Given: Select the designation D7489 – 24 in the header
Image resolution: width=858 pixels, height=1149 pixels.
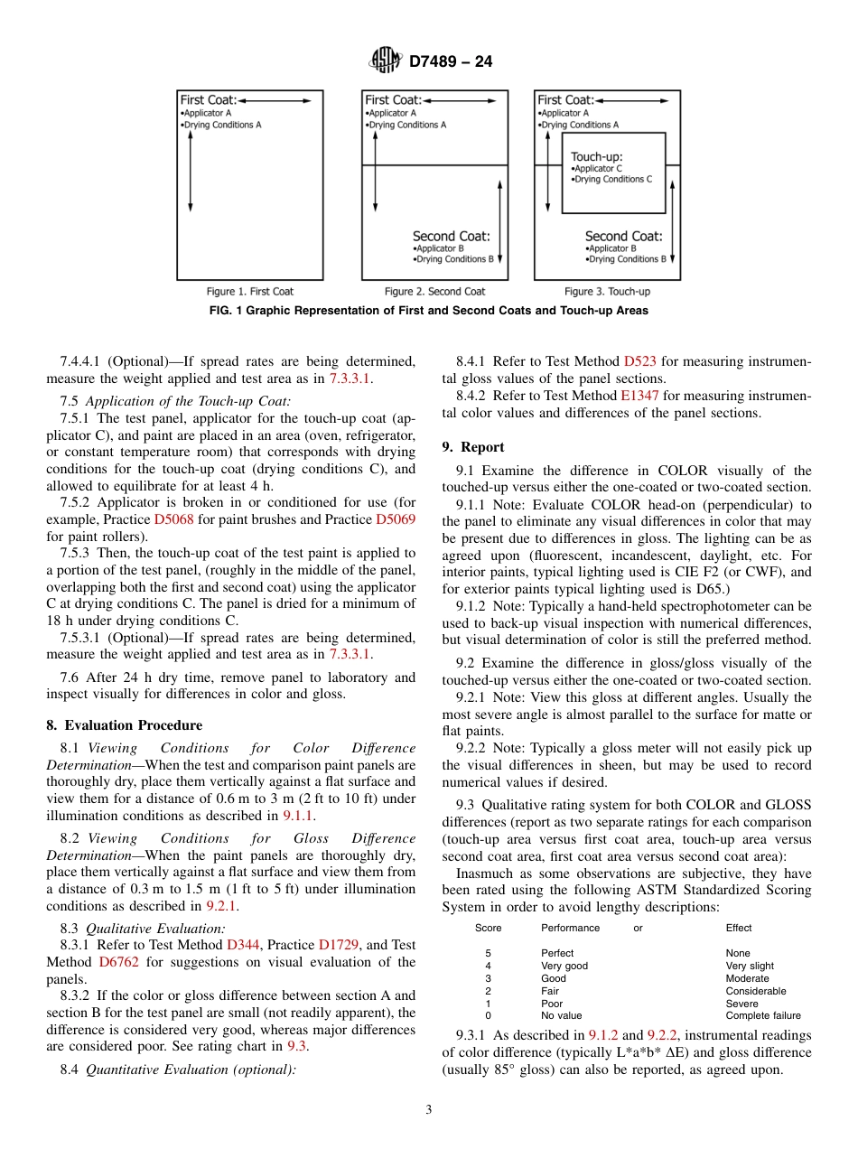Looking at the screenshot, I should point(451,62).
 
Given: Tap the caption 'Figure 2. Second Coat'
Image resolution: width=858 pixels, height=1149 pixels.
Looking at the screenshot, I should point(434,292).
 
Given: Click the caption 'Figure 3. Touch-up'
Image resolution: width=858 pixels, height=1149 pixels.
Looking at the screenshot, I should point(607,292).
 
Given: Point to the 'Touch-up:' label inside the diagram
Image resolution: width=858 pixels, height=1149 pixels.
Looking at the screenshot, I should point(596,156).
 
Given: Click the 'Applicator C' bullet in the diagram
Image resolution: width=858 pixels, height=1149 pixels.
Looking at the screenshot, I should point(598,169).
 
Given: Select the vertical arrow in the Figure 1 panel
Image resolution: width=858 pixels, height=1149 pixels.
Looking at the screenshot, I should point(191,173).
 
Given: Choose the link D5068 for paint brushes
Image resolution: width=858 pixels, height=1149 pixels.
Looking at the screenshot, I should point(173,519).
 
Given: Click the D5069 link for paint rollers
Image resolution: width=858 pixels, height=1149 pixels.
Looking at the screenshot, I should point(395,519).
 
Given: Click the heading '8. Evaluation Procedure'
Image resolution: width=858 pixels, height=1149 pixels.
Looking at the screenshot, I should point(125,725).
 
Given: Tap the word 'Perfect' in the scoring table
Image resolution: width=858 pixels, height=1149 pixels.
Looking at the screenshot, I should point(557,953).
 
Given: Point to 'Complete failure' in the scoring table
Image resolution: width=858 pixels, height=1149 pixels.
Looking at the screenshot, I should point(762,1015).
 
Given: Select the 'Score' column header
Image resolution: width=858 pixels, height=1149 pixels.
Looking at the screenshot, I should point(488,928).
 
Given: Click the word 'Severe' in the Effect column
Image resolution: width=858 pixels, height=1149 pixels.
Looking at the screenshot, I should point(741,1003).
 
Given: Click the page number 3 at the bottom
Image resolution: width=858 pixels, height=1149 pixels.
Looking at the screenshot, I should point(429,1110).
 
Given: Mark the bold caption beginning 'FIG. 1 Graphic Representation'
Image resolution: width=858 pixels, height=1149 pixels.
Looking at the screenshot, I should point(428,311).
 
